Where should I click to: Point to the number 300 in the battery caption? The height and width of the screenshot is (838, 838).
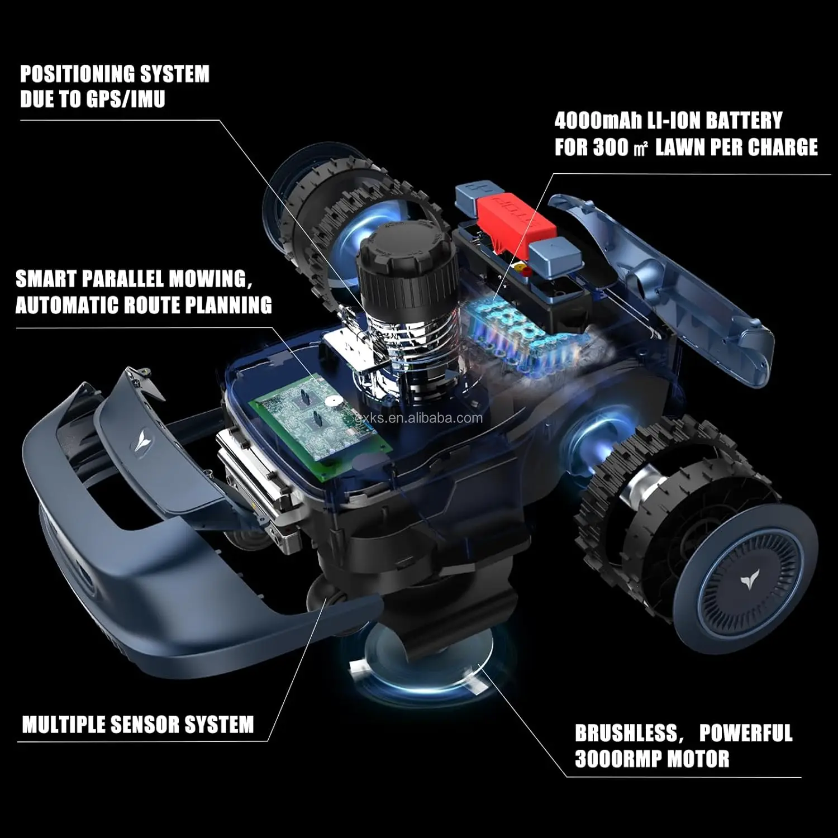click(611, 147)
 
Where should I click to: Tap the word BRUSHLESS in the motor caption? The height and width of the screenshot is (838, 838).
click(626, 733)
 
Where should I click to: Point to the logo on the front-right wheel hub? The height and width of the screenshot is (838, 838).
click(748, 583)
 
